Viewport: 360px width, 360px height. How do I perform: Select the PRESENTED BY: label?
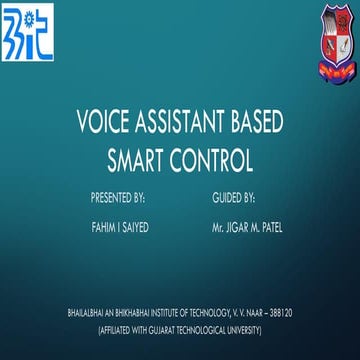(x=117, y=198)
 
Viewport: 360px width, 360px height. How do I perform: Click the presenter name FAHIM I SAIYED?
(x=121, y=228)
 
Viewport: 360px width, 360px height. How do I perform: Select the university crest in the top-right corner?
(x=333, y=30)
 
